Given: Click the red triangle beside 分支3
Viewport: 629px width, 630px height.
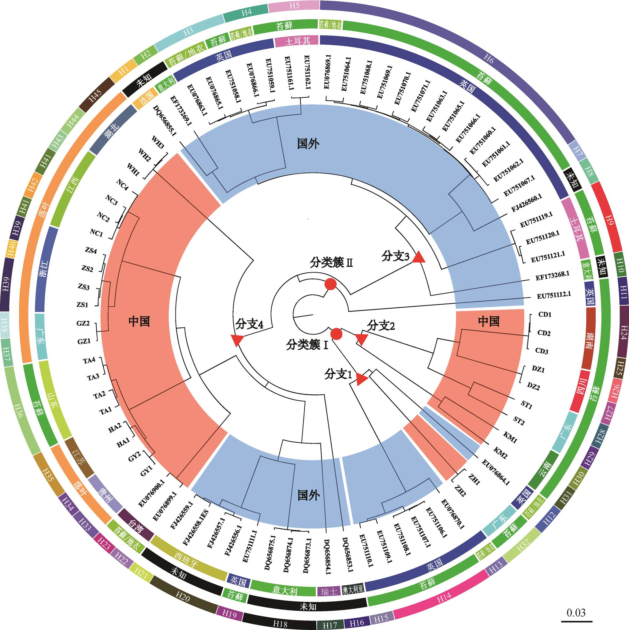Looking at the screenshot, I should pos(419,258).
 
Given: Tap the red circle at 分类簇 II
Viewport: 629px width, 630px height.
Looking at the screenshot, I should pos(330,284).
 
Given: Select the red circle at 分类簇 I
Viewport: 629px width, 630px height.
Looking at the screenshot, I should pos(336,334).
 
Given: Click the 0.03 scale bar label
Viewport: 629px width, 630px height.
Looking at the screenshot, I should pos(576,612).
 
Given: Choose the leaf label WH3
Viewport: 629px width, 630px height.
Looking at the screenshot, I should pos(158,142).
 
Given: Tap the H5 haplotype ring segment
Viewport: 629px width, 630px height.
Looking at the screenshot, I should pos(294,6).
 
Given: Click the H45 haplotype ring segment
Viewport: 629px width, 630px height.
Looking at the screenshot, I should pos(96,95).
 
